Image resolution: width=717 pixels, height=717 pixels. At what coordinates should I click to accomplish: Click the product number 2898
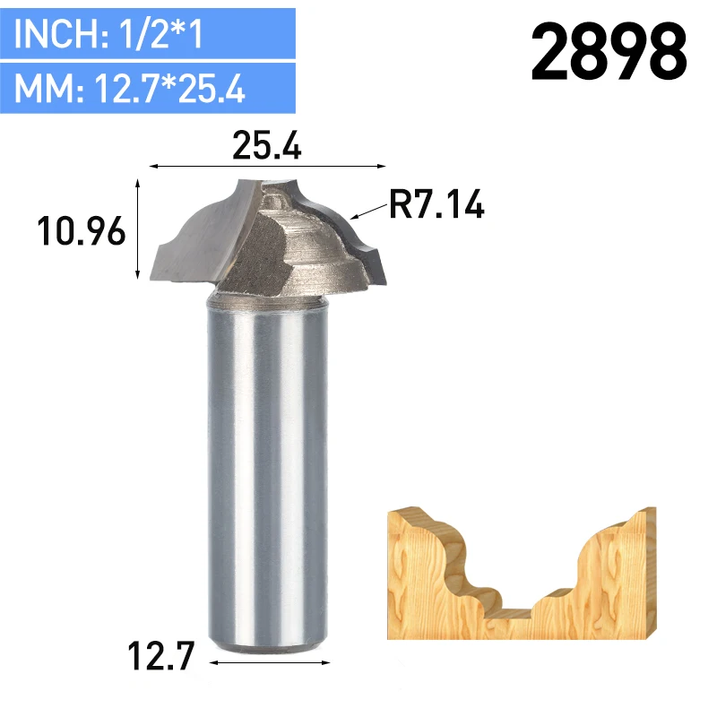(609, 52)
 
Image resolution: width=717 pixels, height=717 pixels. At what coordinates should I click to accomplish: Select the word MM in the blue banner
(44, 88)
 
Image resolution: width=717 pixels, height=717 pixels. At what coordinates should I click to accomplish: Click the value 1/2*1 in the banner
(160, 34)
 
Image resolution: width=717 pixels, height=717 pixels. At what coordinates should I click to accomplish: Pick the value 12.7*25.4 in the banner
(169, 88)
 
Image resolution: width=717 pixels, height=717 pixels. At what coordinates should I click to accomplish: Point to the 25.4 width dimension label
(267, 145)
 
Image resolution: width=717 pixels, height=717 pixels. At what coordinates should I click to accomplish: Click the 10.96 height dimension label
(81, 231)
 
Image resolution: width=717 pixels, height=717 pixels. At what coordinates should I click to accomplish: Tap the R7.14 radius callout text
(436, 204)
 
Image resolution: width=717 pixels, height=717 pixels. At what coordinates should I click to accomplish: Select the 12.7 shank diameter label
(161, 656)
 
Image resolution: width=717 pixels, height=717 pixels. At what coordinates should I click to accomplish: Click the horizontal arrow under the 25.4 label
(267, 167)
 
